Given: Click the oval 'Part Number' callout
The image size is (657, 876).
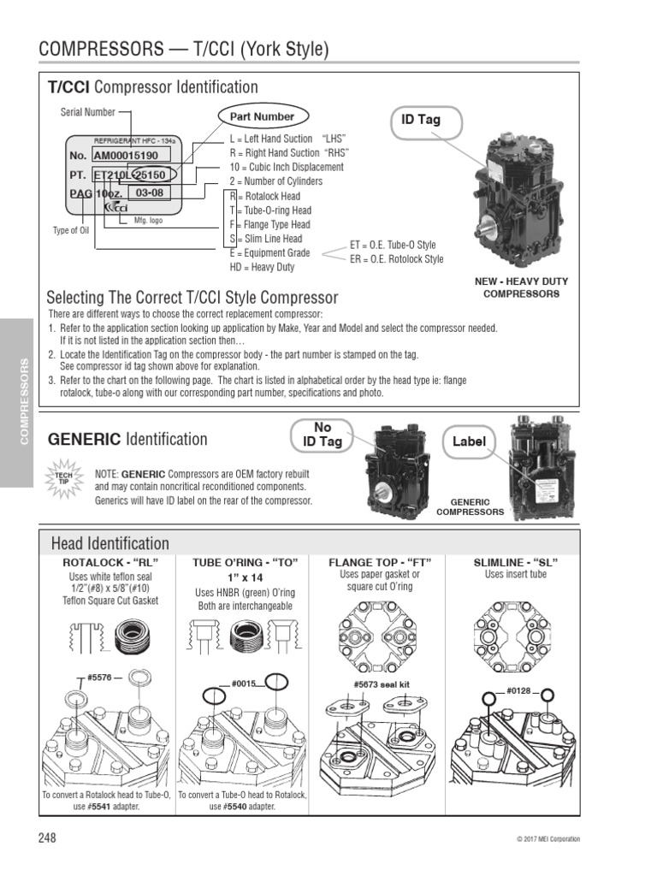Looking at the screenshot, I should (x=262, y=116).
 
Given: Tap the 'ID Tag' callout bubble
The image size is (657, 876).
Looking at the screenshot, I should (x=420, y=120).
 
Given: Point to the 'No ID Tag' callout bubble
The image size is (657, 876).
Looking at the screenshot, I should (x=323, y=433).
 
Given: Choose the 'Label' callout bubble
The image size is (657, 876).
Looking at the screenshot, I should (x=469, y=441).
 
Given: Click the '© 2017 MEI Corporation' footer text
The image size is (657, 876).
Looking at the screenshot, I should (x=547, y=839).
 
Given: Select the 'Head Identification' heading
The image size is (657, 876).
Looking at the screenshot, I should (x=110, y=543).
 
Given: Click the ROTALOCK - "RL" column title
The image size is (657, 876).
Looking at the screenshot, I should (x=111, y=562).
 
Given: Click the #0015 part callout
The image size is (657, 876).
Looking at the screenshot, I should (x=244, y=684).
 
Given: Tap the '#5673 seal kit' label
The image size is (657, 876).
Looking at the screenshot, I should (x=382, y=684).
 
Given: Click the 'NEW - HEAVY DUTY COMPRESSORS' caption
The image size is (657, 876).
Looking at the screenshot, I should (x=521, y=287).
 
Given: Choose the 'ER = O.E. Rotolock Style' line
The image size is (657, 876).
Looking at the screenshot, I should (x=396, y=258).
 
